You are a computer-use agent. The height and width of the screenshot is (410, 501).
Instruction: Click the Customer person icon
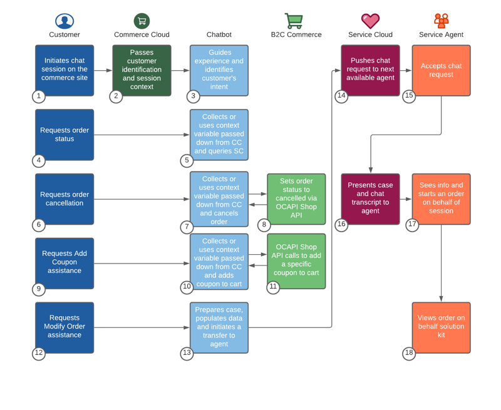coord(64,21)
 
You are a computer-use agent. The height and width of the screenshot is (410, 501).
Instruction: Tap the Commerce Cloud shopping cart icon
coord(142,21)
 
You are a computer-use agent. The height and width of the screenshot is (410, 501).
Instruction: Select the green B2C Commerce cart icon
coord(294,21)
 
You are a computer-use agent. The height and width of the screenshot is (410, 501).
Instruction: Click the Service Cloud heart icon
coord(370,21)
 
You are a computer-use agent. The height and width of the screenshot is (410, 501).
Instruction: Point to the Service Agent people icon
coord(441,21)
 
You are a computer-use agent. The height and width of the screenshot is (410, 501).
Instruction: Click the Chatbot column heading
coord(219,35)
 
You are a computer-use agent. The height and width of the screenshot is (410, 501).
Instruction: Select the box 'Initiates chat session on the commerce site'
coord(65,70)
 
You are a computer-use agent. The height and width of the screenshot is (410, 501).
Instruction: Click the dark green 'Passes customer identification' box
coord(142,70)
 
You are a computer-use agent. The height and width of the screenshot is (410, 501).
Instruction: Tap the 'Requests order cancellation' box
coord(65,199)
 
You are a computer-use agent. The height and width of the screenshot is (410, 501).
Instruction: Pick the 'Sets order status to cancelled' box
coord(296,199)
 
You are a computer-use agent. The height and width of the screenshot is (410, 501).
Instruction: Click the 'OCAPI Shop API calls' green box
coord(296,260)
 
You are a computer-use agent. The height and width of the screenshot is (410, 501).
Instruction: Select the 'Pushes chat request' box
coord(370,70)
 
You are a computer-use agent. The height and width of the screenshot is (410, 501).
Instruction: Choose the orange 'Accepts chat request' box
coord(441,70)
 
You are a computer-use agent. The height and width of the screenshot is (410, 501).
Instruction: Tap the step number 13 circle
coord(187,353)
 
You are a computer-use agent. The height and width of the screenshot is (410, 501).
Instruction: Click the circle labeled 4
coord(39,161)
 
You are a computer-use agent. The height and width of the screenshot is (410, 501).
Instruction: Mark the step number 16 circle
coord(341,225)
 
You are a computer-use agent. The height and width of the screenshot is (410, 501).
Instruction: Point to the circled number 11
coord(273,287)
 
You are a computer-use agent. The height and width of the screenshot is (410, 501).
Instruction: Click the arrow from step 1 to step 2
coord(103,71)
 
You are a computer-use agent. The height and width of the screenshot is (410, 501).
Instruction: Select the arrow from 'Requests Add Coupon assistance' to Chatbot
coord(142,264)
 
